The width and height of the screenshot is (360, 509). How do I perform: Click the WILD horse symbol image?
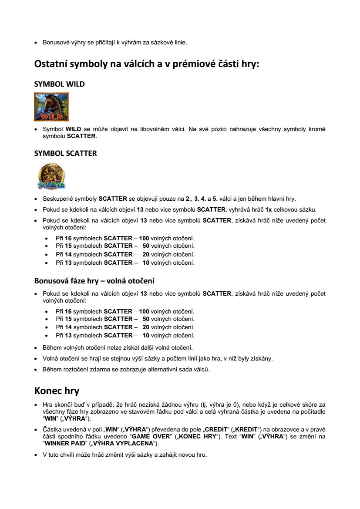51,107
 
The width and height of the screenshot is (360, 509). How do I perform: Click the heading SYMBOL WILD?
59,84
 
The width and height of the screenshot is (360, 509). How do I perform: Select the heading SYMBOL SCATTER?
65,153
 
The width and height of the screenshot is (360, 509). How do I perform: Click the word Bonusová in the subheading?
52,280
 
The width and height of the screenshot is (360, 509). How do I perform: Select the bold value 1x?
269,209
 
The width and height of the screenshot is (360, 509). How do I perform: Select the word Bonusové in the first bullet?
54,42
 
